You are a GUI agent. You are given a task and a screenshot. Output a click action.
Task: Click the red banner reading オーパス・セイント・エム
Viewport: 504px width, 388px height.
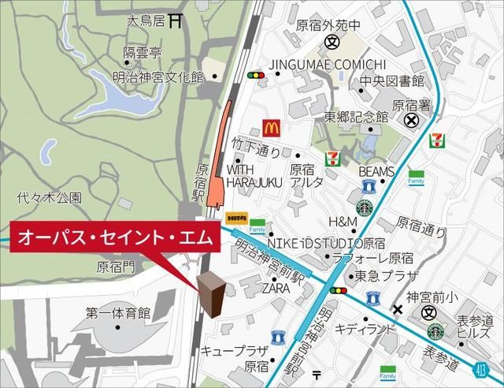(x=110, y=237)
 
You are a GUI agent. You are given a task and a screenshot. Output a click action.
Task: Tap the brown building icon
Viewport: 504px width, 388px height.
(x=209, y=292)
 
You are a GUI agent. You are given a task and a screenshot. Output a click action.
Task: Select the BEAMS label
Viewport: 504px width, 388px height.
(x=376, y=171)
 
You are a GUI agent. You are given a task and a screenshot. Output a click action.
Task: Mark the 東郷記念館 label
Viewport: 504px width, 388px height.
(x=357, y=116)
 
